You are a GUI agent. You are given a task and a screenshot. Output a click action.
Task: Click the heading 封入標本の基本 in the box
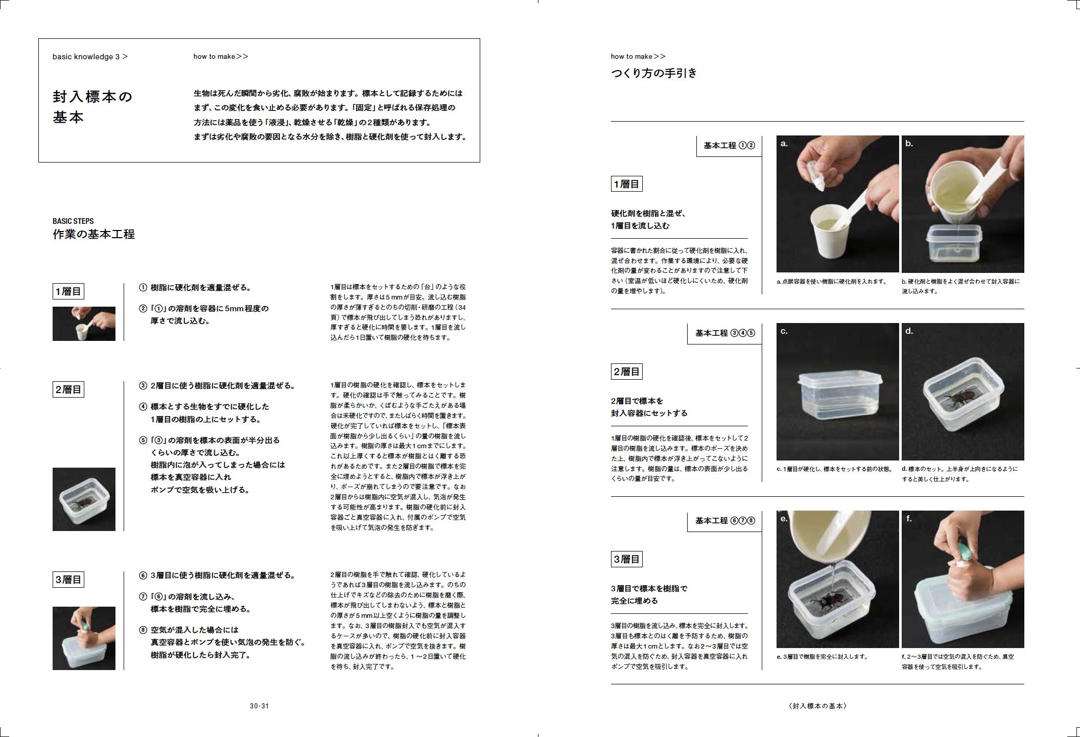(92, 107)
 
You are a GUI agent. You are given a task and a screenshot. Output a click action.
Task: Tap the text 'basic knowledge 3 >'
(90, 57)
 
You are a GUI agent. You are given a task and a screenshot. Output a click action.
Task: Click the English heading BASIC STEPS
(73, 221)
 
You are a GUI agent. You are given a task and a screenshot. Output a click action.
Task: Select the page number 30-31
(259, 706)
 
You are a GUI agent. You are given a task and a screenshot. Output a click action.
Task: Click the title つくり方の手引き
(654, 73)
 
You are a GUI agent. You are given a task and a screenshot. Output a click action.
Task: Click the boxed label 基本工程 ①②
(729, 146)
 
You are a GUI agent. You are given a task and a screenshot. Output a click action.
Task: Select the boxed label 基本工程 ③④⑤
(724, 333)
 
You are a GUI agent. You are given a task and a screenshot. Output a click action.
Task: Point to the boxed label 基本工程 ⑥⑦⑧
(724, 521)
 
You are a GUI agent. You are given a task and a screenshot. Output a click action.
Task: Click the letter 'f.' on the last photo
(909, 518)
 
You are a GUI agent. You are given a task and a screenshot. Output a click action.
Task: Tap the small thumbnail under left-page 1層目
(84, 324)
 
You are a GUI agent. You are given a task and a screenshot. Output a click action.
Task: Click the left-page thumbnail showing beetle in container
(84, 499)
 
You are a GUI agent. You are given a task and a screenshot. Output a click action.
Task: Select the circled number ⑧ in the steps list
(143, 630)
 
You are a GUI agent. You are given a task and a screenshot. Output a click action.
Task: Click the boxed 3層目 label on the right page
(626, 559)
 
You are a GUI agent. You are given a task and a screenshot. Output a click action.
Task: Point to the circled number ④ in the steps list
(143, 407)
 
